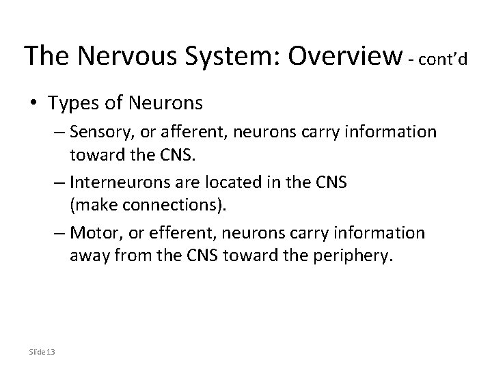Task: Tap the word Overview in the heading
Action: (x=345, y=55)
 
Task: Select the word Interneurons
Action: (x=118, y=182)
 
